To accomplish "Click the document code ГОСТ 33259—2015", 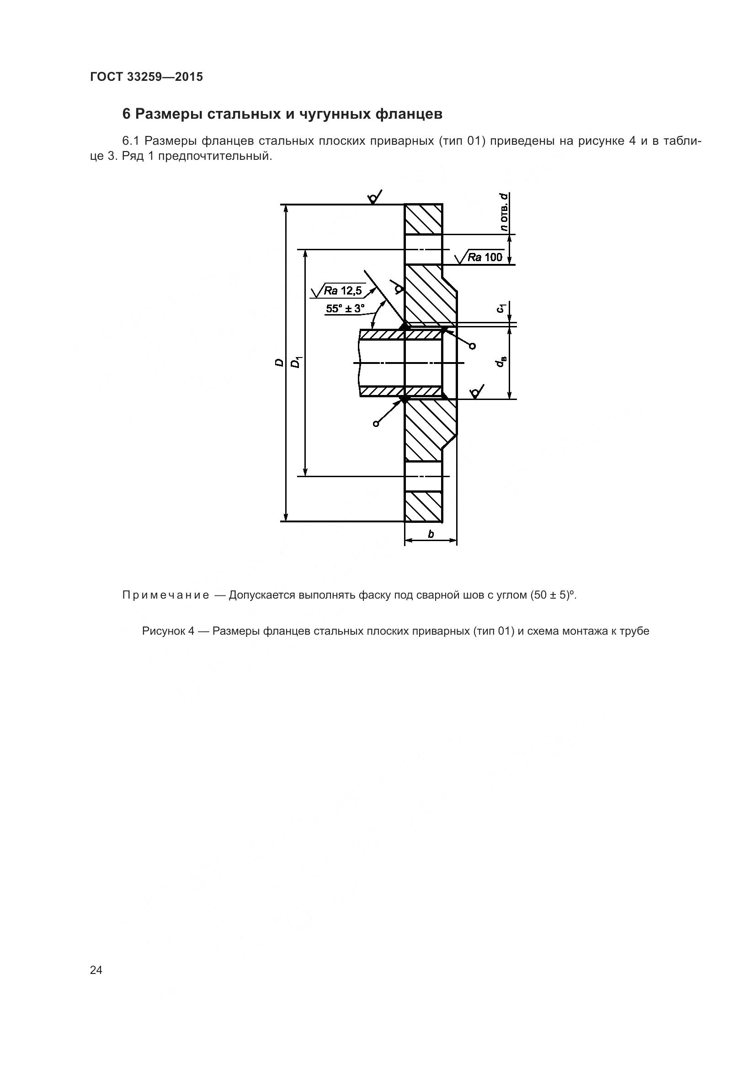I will point(146,77).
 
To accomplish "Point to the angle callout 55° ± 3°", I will point(345,308).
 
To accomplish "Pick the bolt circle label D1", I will point(296,363).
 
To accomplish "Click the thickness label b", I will point(431,534).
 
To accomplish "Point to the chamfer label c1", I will point(501,308).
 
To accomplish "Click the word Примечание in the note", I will point(165,595).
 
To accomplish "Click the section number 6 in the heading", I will point(126,114).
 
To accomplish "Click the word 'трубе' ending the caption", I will point(634,631).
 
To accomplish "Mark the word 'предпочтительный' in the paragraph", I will point(213,156).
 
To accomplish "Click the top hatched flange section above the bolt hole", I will point(423,219).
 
